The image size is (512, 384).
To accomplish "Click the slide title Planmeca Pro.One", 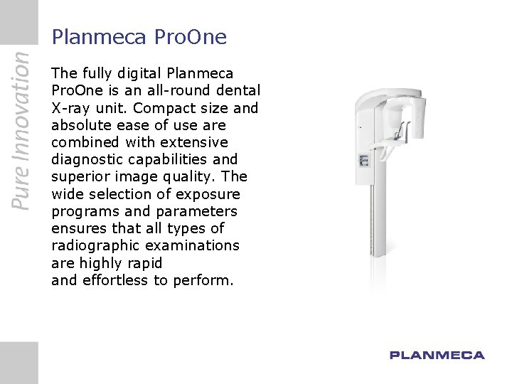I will tap(139, 37).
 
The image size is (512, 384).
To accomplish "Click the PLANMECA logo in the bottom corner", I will tap(437, 355).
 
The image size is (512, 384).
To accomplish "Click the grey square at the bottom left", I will tap(18, 362).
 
